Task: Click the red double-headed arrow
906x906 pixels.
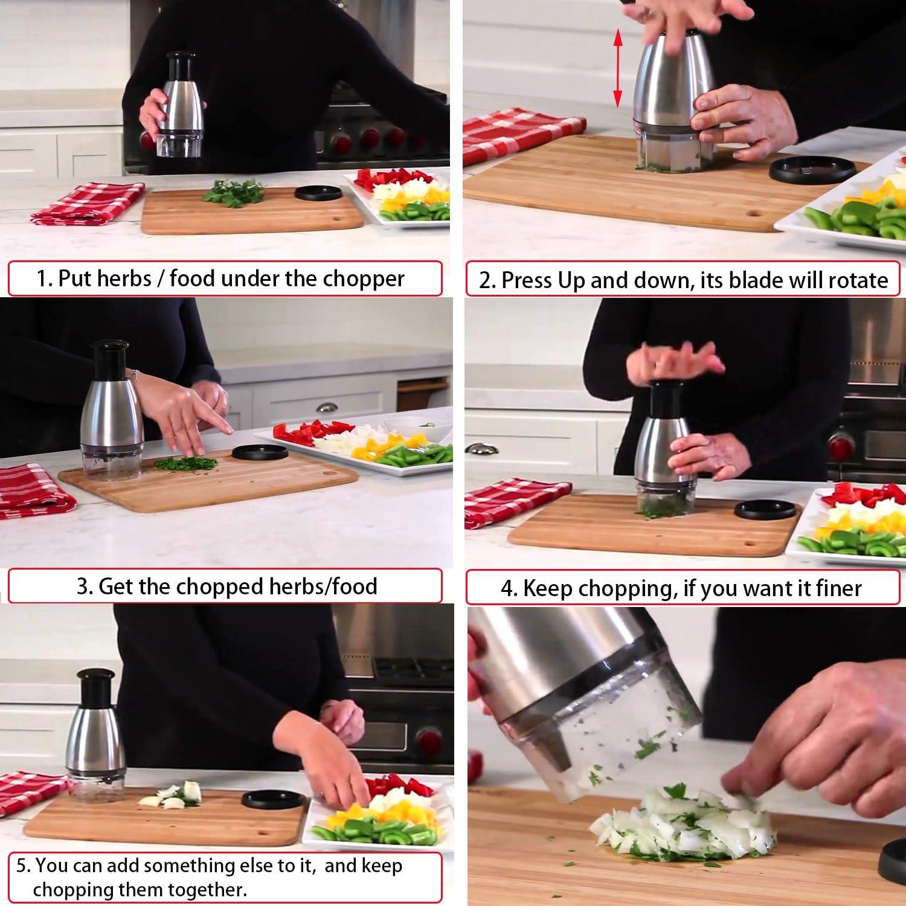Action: (617, 69)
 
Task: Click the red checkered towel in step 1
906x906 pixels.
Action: (88, 203)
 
